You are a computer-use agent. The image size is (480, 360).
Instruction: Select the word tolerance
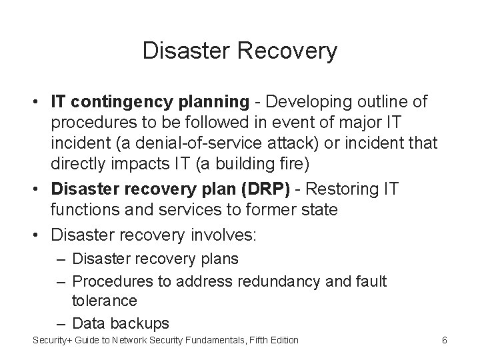(104, 300)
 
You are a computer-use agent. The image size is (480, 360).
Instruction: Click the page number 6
(444, 341)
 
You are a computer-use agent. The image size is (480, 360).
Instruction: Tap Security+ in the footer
(53, 341)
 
